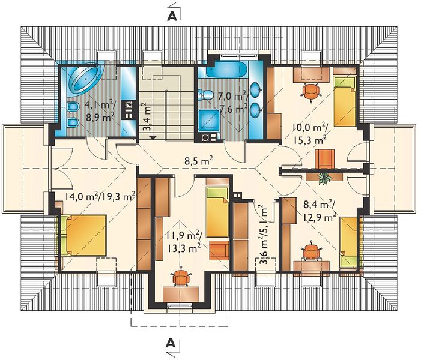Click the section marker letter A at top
pos(172,16)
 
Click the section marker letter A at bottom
pos(171,343)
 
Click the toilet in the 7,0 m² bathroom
pos(206,95)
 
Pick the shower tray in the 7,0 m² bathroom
pos(209,122)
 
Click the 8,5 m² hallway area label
pos(199,161)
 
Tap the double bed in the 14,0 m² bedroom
pos(83,235)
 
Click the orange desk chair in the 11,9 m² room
pos(181,278)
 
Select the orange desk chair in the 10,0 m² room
pos(312,91)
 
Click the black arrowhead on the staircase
pos(153,137)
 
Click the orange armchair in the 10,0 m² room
pos(325,159)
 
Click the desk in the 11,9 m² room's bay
pos(181,294)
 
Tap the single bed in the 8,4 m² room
pos(349,242)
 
